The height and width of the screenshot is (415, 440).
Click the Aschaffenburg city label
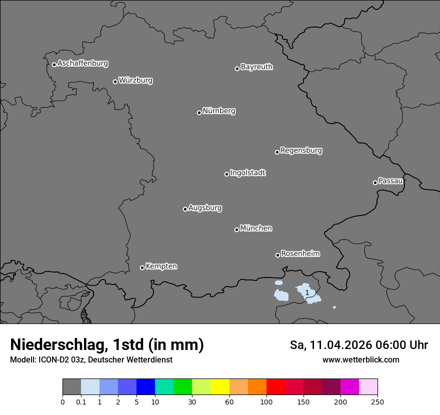pos(82,63)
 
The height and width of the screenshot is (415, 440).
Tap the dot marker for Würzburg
pos(115,81)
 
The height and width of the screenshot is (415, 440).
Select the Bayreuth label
pos(256,67)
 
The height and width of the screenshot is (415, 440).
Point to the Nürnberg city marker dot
pos(199,112)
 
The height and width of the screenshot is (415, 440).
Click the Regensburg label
pos(301,150)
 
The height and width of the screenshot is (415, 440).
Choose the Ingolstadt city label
pos(247,173)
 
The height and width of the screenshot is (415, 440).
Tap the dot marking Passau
pos(375,182)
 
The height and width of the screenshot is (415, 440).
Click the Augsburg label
pos(205,208)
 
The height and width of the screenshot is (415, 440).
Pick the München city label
pos(256,228)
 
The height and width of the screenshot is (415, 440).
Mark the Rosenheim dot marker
pos(277,255)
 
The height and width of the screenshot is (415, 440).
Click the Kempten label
pos(161,266)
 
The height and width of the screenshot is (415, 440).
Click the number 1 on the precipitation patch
pos(307,292)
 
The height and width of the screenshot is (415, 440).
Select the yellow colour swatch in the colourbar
pos(220,387)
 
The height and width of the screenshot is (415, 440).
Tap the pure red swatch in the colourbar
pos(275,387)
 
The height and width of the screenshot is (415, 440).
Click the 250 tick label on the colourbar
pos(377,401)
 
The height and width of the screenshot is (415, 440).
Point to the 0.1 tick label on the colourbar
pos(81,401)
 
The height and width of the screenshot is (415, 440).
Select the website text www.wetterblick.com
pos(360,359)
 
